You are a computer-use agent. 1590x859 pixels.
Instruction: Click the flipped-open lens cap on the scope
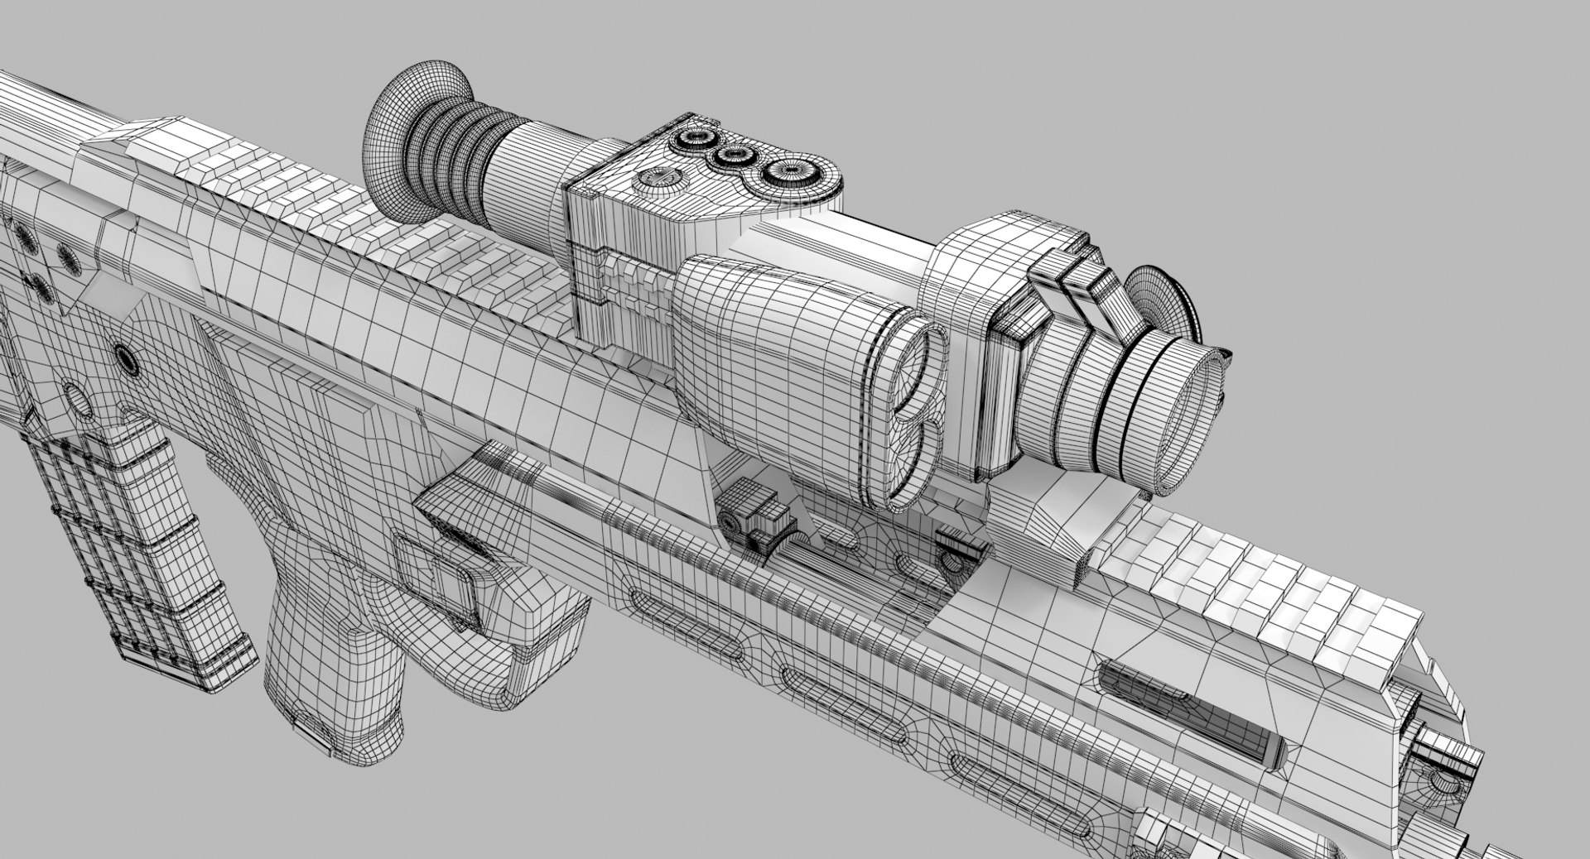point(1164,306)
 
